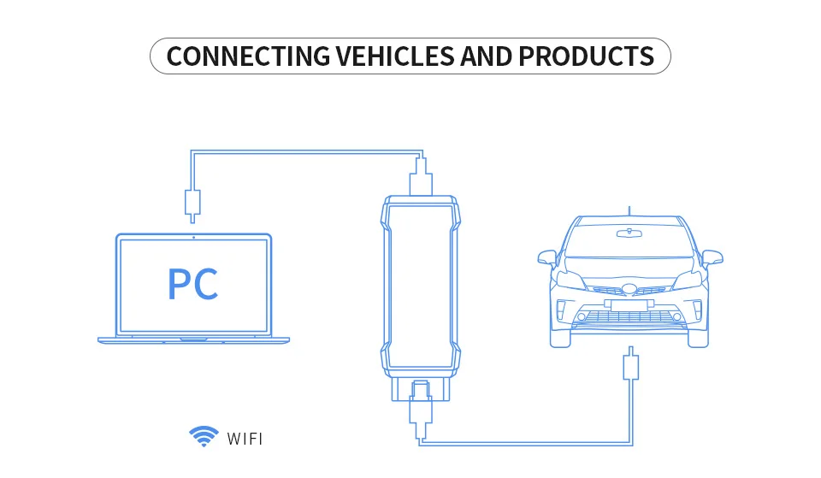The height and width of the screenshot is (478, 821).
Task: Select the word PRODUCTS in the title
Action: click(x=586, y=56)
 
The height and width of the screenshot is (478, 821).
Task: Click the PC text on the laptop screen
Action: click(x=192, y=285)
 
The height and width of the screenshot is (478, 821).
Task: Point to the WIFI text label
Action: click(x=245, y=440)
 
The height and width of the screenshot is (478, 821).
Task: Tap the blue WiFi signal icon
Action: click(x=203, y=438)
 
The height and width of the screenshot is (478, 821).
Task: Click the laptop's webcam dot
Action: click(x=193, y=237)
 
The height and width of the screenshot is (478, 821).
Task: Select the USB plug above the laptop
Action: click(x=192, y=202)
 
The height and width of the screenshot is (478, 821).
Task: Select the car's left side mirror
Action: click(x=547, y=256)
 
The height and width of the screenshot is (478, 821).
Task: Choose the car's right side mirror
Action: click(x=712, y=256)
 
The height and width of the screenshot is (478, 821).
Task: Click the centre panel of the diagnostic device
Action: click(x=419, y=282)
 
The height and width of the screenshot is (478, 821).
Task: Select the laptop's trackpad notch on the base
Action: click(x=193, y=339)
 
